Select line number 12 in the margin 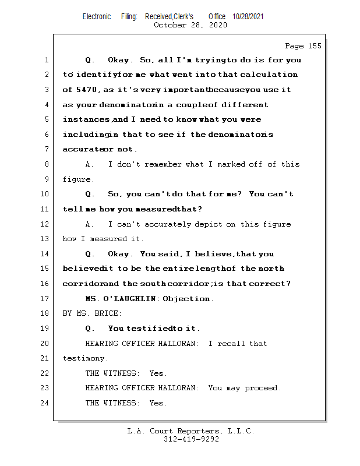pyautogui.click(x=45, y=224)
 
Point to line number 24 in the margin pyautogui.click(x=45, y=403)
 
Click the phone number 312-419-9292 pyautogui.click(x=191, y=439)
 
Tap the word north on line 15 pyautogui.click(x=271, y=269)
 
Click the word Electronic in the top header pyautogui.click(x=97, y=17)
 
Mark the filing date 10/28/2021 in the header pyautogui.click(x=248, y=17)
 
